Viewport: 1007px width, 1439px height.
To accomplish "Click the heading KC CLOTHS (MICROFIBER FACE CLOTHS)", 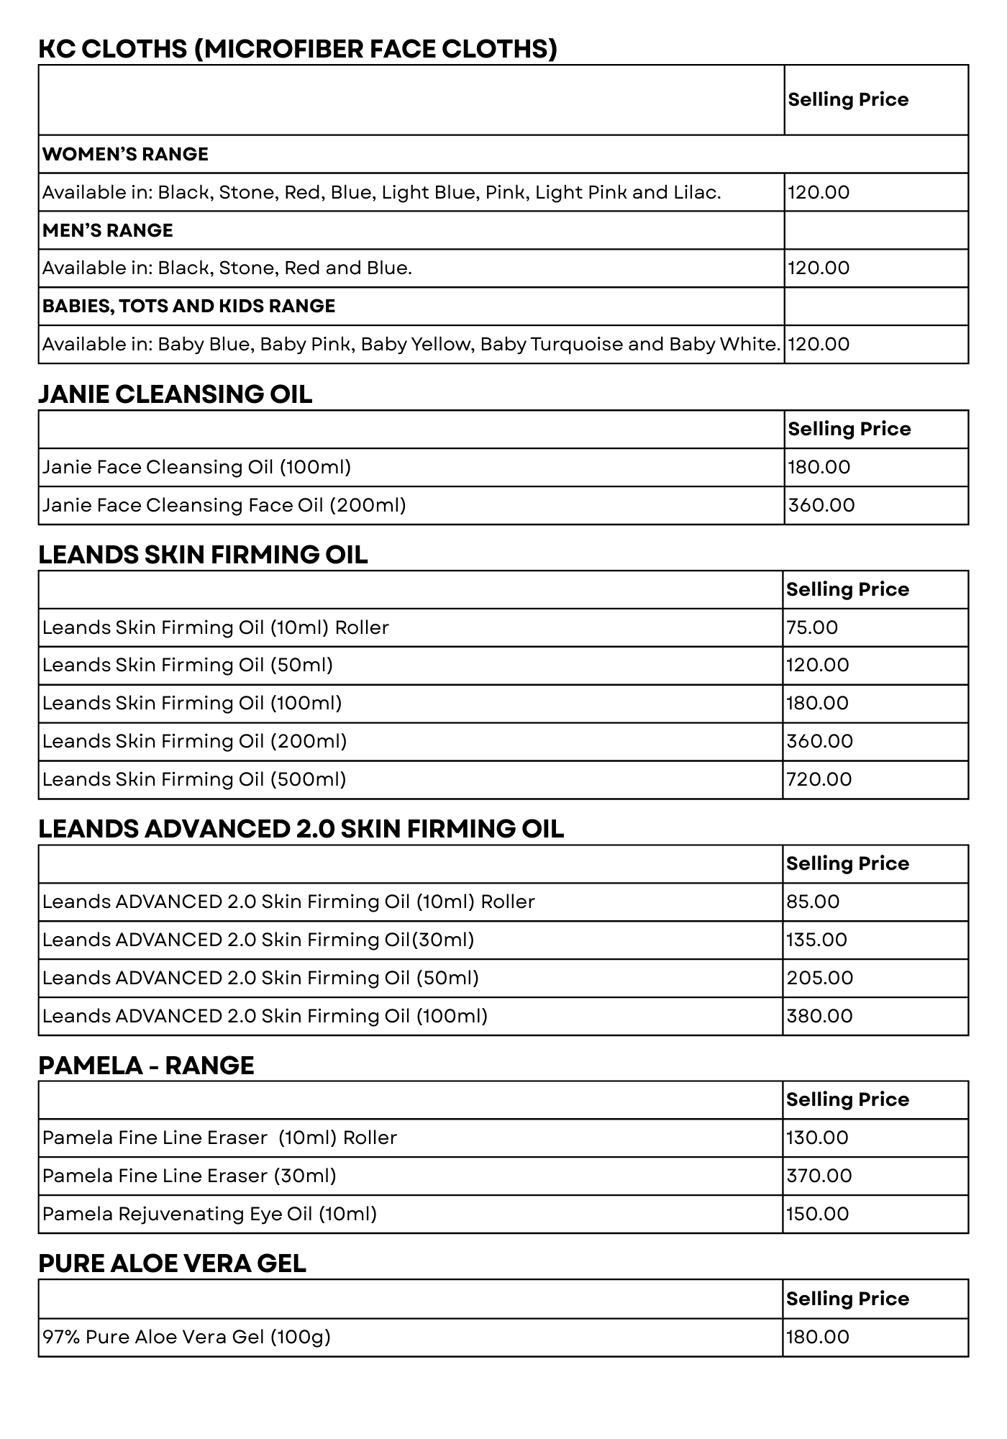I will point(298,49).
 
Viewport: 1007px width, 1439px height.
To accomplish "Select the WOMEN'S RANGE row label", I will point(125,154).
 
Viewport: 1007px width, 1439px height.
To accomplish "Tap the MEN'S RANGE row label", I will point(108,230).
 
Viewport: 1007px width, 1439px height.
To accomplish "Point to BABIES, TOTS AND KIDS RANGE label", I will point(188,306).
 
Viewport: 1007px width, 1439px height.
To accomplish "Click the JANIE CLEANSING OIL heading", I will point(176,394).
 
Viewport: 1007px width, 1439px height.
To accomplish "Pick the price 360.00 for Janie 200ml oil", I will point(821,505).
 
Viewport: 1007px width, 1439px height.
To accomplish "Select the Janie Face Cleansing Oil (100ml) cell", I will point(196,467).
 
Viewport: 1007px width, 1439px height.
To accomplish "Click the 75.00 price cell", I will point(812,627).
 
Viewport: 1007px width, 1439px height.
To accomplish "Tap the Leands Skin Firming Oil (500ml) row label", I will point(194,779).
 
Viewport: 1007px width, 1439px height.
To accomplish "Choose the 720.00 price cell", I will point(819,779).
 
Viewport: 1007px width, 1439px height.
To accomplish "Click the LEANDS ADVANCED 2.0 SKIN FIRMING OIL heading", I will point(301,829).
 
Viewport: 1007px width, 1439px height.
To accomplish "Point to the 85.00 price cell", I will point(813,902).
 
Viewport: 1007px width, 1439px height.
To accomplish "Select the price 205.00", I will point(819,978).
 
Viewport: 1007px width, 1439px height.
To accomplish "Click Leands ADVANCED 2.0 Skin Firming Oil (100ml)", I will point(265,1016).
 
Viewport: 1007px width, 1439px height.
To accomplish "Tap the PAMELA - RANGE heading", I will point(146,1066).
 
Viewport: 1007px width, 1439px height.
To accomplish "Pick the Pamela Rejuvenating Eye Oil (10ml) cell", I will point(209,1214).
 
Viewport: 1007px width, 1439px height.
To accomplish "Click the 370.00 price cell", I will point(819,1176).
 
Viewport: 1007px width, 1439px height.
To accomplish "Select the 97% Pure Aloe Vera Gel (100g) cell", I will point(186,1337).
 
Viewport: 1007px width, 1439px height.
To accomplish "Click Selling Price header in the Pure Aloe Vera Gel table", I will point(847,1299).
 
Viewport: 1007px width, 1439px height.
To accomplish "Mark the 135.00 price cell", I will point(816,940).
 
